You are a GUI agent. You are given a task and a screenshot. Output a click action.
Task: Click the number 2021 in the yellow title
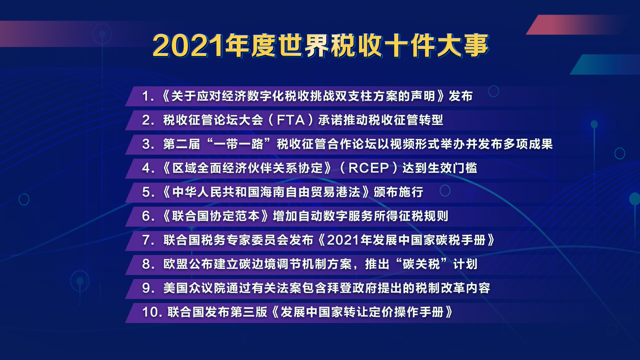click(x=188, y=46)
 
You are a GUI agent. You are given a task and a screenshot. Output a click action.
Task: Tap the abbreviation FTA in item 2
click(x=291, y=120)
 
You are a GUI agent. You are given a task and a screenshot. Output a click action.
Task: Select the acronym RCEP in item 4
click(x=369, y=168)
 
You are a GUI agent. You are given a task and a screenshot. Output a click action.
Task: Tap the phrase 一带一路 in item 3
click(x=238, y=144)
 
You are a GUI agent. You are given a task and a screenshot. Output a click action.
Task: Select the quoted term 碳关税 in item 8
click(x=421, y=264)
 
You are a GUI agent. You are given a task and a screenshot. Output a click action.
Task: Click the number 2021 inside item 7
click(x=343, y=240)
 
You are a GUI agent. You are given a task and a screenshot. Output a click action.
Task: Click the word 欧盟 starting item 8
click(x=176, y=264)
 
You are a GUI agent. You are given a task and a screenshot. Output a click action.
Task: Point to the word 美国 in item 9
click(x=176, y=288)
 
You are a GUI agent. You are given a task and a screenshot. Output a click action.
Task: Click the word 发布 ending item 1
click(x=461, y=96)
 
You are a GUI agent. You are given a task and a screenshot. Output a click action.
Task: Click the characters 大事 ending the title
click(x=462, y=46)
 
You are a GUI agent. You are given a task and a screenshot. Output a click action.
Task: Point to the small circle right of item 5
click(x=445, y=191)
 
